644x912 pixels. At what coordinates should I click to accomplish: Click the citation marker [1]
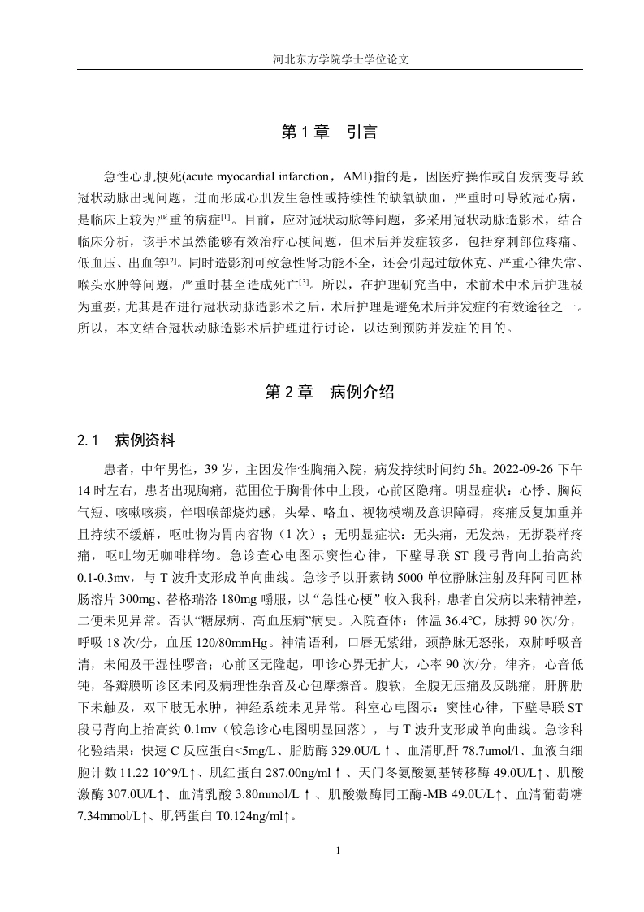pyautogui.click(x=226, y=216)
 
